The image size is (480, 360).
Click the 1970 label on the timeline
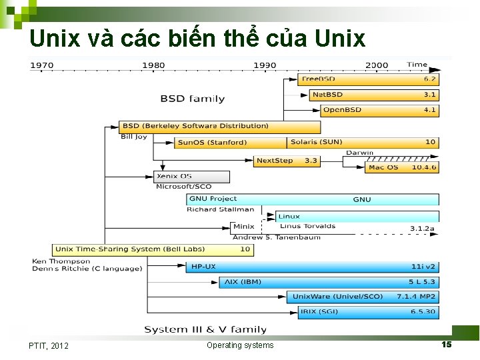[x=41, y=65]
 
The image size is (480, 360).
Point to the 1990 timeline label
[x=265, y=65]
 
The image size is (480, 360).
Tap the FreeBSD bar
[x=368, y=79]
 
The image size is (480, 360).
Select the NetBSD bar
[x=373, y=95]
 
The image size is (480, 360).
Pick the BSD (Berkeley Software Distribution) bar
[x=219, y=126]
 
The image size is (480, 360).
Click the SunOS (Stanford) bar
[x=231, y=142]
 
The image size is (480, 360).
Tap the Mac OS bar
[x=402, y=167]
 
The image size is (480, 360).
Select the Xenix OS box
[x=192, y=177]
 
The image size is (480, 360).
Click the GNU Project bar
[x=313, y=199]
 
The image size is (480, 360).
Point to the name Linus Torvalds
[x=308, y=226]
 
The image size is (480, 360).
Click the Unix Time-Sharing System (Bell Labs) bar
[x=153, y=249]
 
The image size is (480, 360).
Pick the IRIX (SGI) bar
[x=364, y=311]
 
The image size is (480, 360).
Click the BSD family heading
[x=192, y=99]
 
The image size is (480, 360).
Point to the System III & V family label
[x=205, y=329]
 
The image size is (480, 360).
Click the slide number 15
[x=447, y=344]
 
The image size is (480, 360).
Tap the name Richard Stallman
[x=220, y=209]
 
